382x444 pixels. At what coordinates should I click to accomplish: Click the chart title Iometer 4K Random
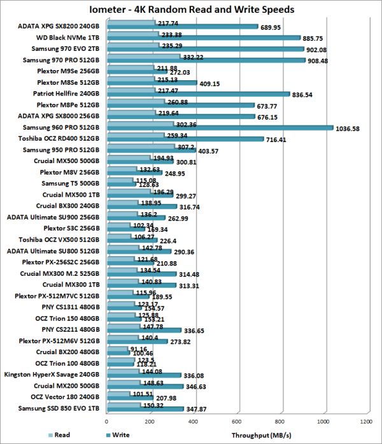[191, 10]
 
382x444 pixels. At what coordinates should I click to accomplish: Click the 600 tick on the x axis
[237, 421]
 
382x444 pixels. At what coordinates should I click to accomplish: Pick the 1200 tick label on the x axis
[366, 421]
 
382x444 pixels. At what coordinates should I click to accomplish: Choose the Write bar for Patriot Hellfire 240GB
[198, 94]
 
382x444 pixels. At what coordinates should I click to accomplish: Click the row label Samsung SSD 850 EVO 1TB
[64, 408]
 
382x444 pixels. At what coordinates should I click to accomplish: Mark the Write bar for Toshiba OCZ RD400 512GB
[185, 140]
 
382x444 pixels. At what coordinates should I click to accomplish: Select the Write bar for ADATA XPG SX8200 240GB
[182, 27]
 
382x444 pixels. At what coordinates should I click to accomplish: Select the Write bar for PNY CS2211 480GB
[144, 331]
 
